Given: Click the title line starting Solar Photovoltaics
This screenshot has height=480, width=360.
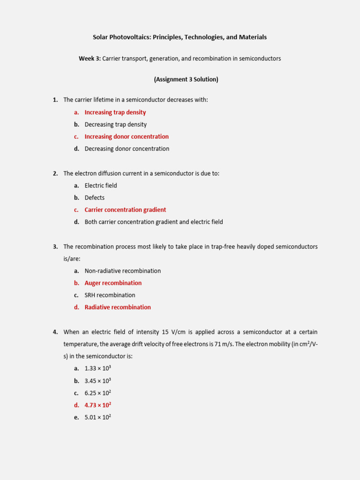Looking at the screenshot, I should (180, 37).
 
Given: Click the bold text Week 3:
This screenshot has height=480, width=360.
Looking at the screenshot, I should (90, 59).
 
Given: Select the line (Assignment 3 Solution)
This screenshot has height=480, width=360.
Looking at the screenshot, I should (186, 79).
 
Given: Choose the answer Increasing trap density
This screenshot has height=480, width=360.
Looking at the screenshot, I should (115, 112).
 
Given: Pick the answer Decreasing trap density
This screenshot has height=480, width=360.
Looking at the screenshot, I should (115, 125).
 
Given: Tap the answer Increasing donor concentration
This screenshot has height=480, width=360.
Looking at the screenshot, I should (127, 137).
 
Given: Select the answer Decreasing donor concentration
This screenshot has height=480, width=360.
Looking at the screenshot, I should (127, 149).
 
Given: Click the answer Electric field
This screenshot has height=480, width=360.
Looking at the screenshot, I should (101, 186).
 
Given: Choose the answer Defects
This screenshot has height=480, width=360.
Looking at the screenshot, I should (95, 198).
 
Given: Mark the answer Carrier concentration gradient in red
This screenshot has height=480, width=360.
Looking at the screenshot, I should (125, 210).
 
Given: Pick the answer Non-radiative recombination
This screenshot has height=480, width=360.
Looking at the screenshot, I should (122, 271).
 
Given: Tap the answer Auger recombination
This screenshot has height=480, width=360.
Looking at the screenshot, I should (113, 283).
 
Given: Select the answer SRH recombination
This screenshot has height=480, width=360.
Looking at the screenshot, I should (110, 295).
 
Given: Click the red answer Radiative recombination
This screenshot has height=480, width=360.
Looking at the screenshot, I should (118, 307).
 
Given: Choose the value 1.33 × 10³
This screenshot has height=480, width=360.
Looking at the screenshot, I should (97, 369).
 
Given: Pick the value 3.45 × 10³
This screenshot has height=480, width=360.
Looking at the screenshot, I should (97, 381).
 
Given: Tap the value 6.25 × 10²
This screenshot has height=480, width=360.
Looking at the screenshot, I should (97, 393).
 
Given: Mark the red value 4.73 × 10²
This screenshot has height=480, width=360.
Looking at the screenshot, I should (97, 405).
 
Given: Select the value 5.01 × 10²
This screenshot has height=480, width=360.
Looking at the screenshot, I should (97, 418).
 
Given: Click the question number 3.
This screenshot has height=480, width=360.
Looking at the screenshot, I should (55, 247).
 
